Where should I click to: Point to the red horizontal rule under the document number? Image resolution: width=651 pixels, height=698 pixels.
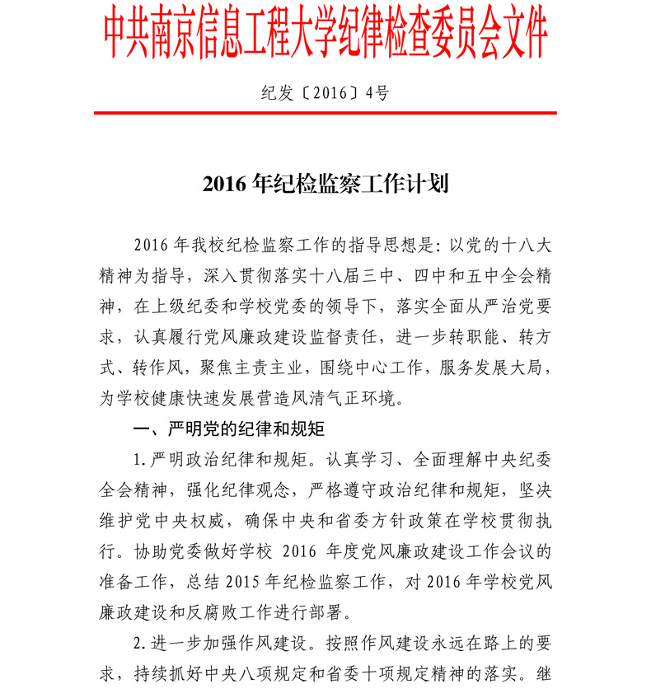pos(325,113)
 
